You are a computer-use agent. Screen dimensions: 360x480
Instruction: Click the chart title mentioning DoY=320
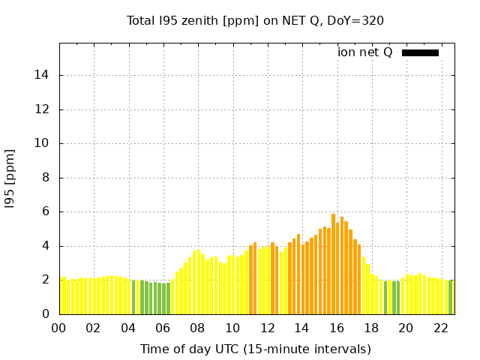pos(255,20)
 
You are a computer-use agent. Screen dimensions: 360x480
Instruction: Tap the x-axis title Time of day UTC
pos(255,349)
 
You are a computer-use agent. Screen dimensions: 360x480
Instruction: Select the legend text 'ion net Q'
pos(364,52)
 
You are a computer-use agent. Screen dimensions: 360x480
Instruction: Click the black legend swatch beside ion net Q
pos(420,52)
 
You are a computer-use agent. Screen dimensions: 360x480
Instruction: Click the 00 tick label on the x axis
pos(59,328)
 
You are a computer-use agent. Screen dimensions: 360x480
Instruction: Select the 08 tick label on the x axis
pos(197,328)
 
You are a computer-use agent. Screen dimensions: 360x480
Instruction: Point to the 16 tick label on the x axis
pos(336,328)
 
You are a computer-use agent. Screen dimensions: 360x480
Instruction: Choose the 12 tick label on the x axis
pos(267,328)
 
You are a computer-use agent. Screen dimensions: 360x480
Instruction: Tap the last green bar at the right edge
pos(451,297)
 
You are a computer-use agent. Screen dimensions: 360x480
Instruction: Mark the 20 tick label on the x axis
pos(406,328)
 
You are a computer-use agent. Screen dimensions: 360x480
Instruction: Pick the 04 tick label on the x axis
pos(128,328)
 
